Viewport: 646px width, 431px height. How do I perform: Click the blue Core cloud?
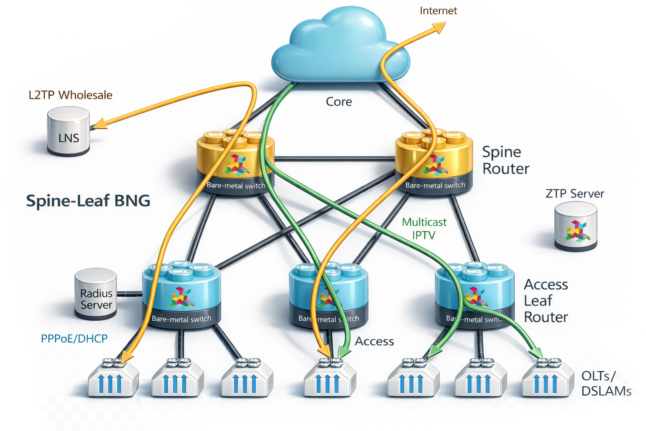(x=336, y=46)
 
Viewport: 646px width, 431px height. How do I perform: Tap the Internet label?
(x=438, y=11)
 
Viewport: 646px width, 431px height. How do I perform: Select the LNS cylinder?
(x=68, y=131)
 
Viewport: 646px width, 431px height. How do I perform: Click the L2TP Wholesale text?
(x=70, y=95)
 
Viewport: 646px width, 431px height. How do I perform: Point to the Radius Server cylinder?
(x=96, y=295)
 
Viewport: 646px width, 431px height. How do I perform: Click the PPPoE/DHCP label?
(x=74, y=338)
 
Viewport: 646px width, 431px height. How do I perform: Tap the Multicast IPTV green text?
(x=424, y=228)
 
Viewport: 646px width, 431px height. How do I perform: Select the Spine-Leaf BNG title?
(x=88, y=201)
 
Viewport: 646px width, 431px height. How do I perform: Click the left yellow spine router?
(x=236, y=162)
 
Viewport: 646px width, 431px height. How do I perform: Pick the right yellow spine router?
(x=434, y=162)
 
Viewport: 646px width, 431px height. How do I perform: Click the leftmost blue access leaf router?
(x=181, y=295)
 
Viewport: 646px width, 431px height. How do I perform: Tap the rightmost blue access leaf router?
(x=474, y=295)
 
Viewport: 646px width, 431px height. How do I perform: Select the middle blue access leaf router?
(x=328, y=295)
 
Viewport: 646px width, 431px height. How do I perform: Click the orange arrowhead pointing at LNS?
(x=99, y=124)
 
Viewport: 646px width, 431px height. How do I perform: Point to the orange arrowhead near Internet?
(x=439, y=27)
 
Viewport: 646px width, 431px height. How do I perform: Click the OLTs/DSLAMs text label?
(x=606, y=383)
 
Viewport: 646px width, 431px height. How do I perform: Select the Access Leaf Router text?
(x=545, y=301)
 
